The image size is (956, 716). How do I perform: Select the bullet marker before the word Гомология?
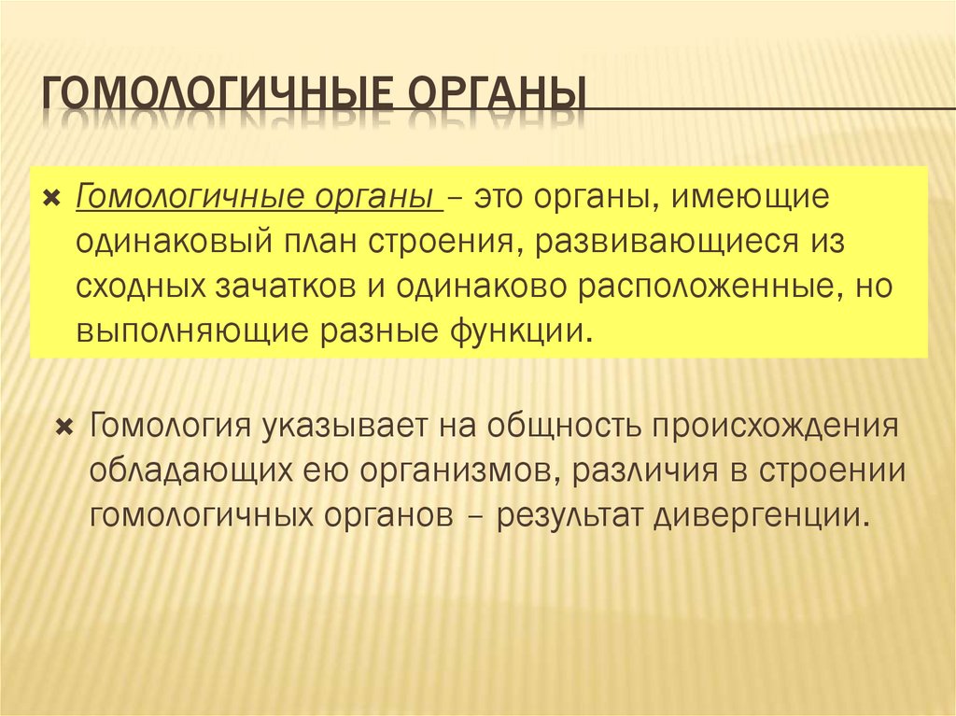(64, 428)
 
